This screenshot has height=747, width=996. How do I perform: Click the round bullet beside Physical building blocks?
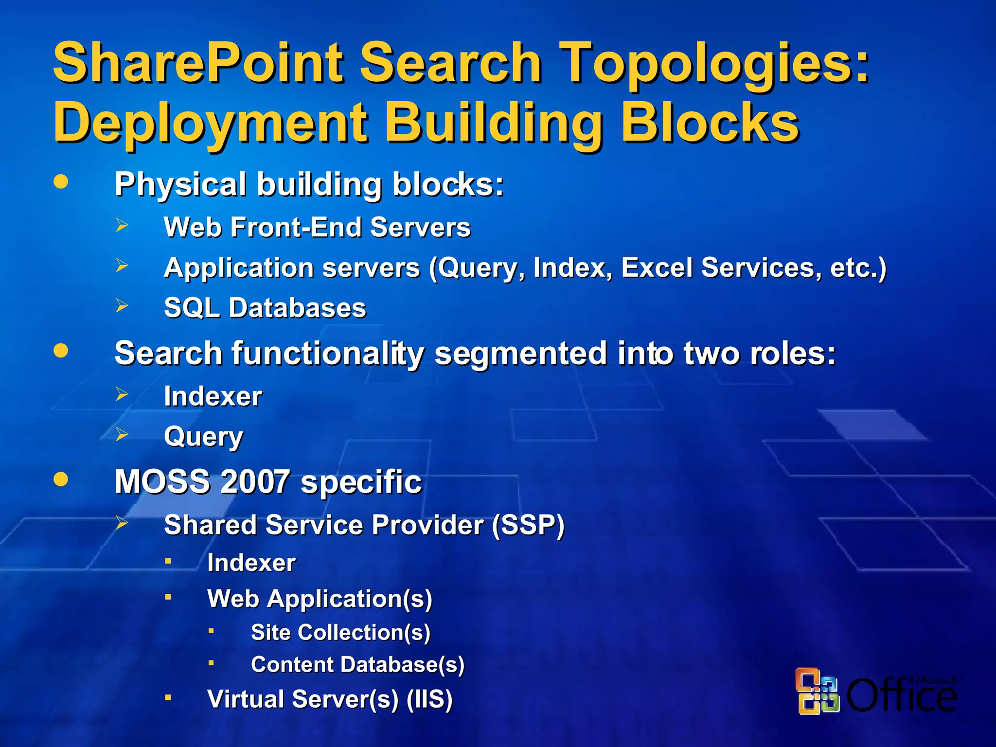click(61, 182)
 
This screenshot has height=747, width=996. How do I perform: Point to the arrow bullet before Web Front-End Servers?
click(122, 225)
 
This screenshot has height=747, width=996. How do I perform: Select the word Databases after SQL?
click(297, 308)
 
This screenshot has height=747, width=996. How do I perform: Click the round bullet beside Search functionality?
click(61, 351)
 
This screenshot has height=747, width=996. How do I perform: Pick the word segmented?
click(520, 354)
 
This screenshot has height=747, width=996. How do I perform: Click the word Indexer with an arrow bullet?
click(213, 396)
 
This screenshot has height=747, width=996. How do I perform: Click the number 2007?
click(255, 482)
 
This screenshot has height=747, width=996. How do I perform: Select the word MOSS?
click(162, 482)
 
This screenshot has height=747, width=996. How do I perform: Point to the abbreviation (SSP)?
click(528, 525)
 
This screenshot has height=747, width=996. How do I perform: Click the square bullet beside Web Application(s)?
click(168, 597)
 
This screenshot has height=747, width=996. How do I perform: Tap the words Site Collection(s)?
click(340, 633)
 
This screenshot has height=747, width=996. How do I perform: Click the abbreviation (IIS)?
click(429, 699)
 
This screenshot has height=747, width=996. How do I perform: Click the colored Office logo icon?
click(818, 691)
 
